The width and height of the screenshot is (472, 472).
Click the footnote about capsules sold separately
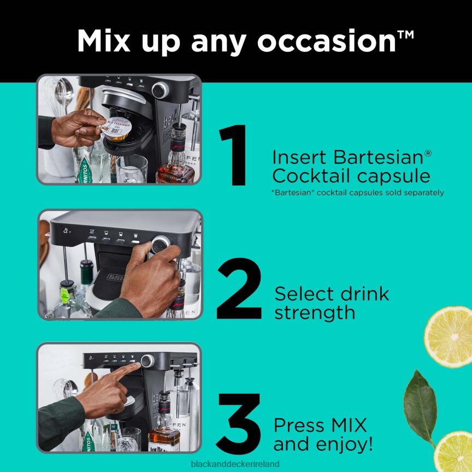[x=358, y=192]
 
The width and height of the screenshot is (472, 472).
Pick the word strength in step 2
[x=315, y=312]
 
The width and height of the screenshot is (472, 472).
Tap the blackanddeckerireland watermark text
[x=236, y=464]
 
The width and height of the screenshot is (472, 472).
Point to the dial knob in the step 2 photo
[x=160, y=245]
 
